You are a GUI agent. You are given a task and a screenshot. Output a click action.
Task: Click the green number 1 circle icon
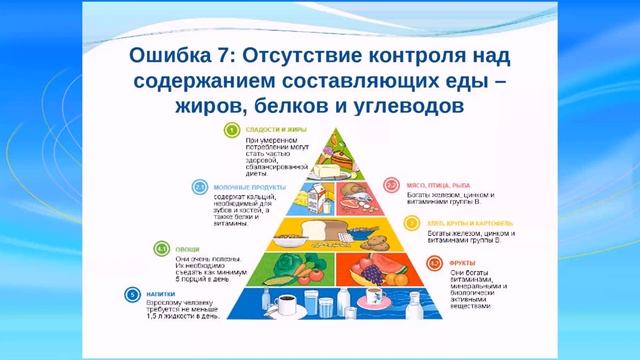[x=229, y=129]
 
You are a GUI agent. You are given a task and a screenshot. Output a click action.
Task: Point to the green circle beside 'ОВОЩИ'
[x=161, y=246]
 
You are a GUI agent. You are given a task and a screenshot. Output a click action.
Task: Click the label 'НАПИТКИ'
[x=161, y=293]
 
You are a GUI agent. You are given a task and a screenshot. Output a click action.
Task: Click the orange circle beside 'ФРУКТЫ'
[x=433, y=262]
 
